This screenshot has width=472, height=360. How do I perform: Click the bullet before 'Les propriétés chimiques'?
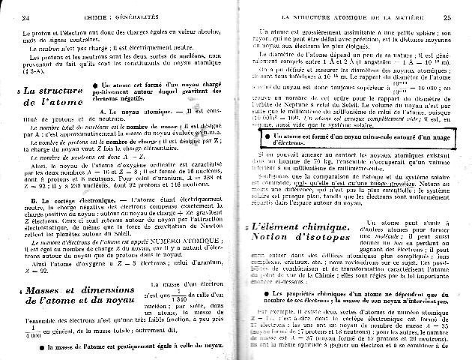pos(258,292)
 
